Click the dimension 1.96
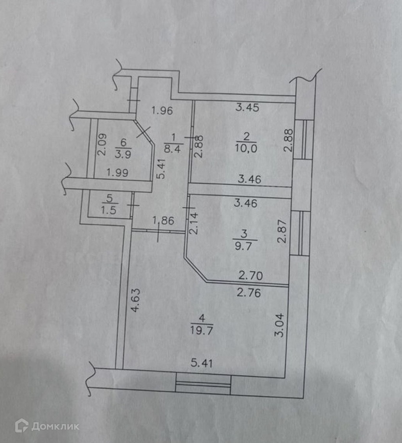pyautogui.click(x=162, y=110)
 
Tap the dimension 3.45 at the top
pyautogui.click(x=248, y=108)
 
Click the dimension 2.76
pyautogui.click(x=249, y=292)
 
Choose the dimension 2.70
pyautogui.click(x=251, y=276)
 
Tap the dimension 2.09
pyautogui.click(x=101, y=144)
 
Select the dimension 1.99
pyautogui.click(x=117, y=173)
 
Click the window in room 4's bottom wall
pyautogui.click(x=203, y=384)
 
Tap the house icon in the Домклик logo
pyautogui.click(x=21, y=426)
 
